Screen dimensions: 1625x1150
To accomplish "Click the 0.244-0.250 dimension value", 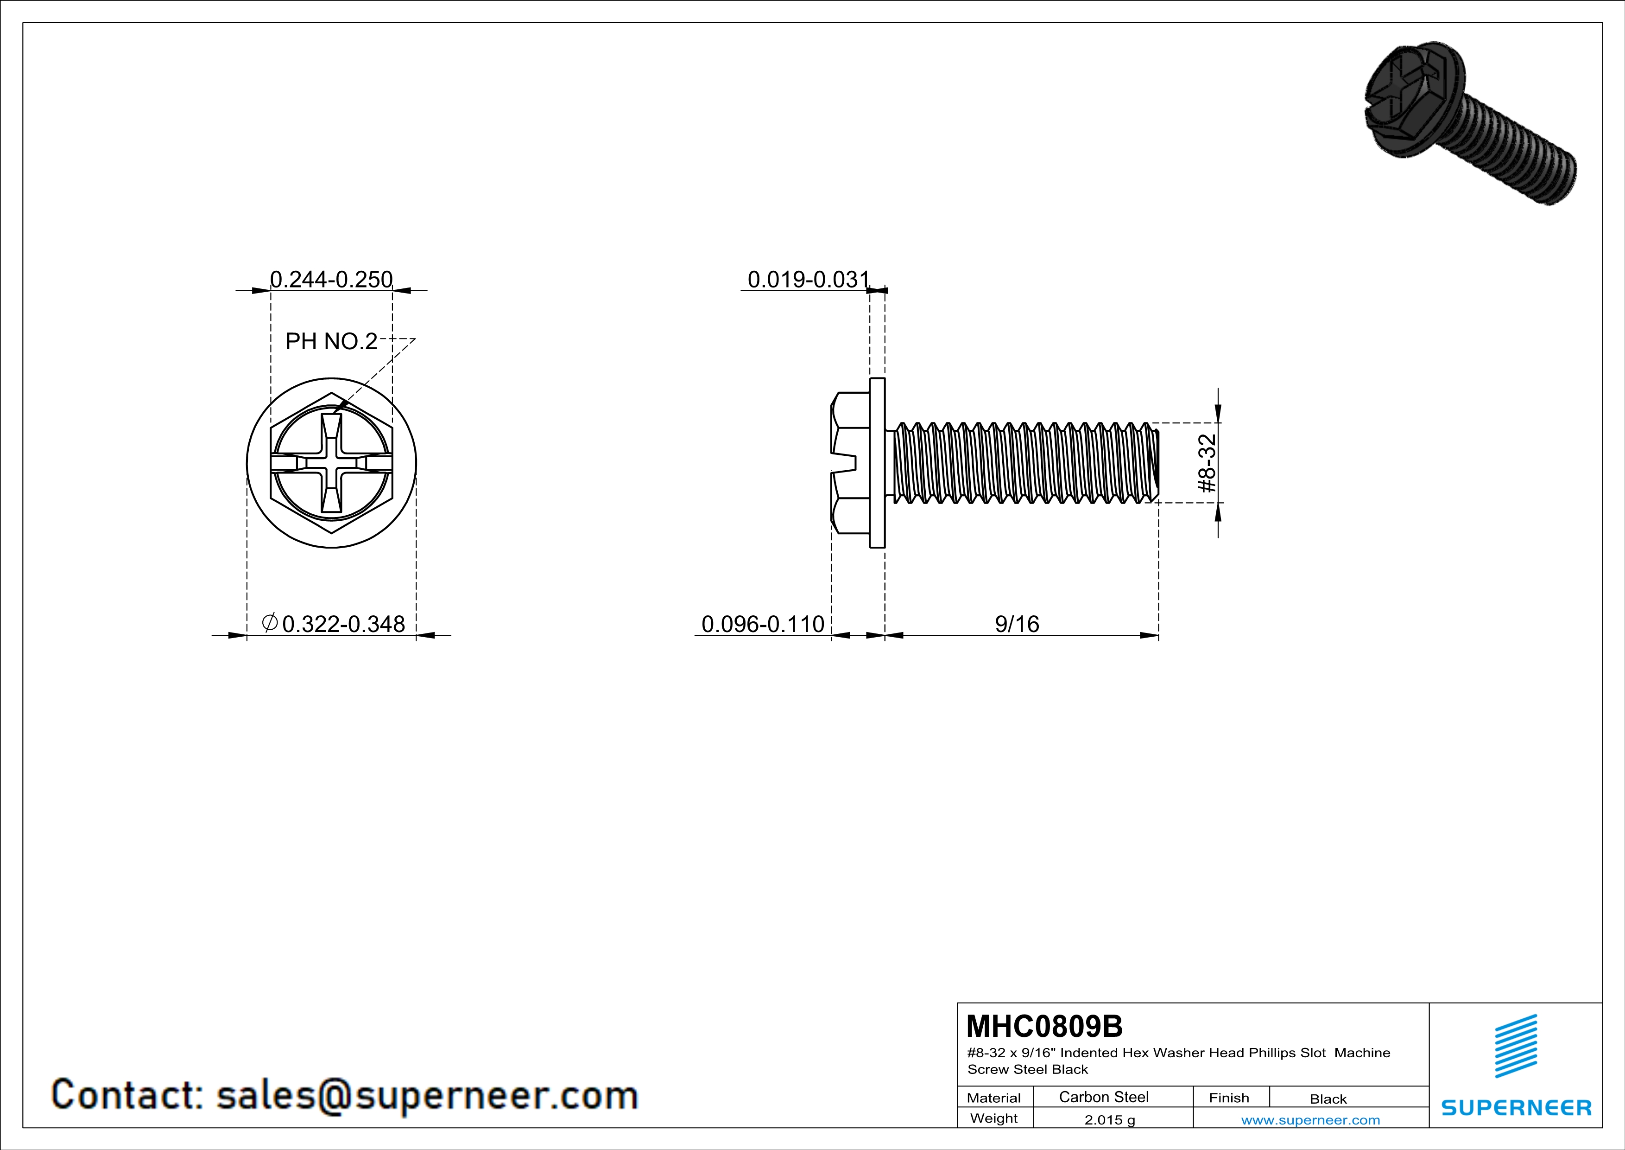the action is (x=331, y=280).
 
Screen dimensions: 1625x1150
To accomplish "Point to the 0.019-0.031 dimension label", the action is (x=808, y=280).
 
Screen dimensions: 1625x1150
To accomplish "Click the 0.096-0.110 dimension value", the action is (x=763, y=624).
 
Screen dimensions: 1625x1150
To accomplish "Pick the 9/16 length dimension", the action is (x=1017, y=624).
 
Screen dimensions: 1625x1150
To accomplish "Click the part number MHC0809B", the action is (x=1044, y=1026).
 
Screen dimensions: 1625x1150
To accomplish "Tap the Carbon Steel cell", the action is (x=1103, y=1097).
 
